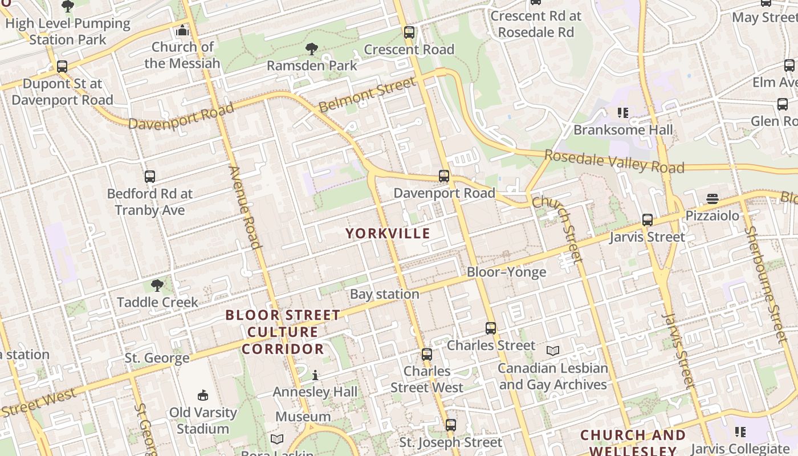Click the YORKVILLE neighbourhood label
coord(388,233)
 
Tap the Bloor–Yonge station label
coord(506,272)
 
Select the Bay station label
coord(384,294)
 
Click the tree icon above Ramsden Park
coord(311,48)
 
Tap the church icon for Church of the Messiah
coord(182,30)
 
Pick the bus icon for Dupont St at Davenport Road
coord(62,67)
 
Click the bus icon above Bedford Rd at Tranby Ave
coord(150,177)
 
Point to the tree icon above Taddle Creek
coord(157,285)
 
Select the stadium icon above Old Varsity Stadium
coord(202,395)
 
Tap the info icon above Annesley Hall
coord(315,375)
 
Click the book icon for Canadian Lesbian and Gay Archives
coord(552,351)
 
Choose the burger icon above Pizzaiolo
coord(712,199)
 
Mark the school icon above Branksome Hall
coord(623,113)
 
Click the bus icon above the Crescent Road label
coord(409,32)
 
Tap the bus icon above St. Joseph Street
coord(450,425)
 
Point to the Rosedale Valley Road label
coord(614,161)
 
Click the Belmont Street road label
coord(367,95)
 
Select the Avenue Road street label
coord(245,207)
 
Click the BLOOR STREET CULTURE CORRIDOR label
coord(283,332)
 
